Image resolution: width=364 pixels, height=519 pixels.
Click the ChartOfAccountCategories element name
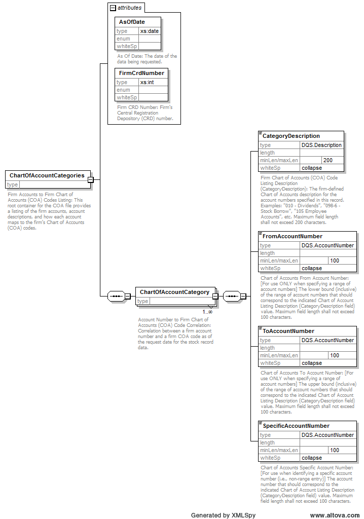[47, 175]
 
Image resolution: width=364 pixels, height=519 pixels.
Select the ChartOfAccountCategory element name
[174, 292]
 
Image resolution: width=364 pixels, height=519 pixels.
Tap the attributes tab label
[129, 8]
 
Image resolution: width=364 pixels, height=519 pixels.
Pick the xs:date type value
[150, 31]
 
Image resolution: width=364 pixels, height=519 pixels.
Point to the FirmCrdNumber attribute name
[141, 73]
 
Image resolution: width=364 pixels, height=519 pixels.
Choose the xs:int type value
[148, 82]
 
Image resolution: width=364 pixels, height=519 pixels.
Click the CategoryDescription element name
[291, 136]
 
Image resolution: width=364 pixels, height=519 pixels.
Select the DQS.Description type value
[321, 145]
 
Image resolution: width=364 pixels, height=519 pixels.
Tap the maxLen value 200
[328, 160]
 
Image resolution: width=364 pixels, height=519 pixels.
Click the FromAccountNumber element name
[292, 236]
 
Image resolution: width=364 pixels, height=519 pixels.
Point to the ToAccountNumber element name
[288, 331]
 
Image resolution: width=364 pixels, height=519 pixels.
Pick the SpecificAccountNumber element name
[296, 426]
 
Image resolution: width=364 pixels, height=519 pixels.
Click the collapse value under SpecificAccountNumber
[312, 458]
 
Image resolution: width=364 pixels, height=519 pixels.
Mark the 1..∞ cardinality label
[208, 312]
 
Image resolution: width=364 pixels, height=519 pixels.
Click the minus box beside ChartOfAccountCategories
[90, 179]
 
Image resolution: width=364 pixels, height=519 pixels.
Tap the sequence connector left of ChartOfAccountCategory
[116, 296]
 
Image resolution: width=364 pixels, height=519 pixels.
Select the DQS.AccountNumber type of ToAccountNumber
[327, 340]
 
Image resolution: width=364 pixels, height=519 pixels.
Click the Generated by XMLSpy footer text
[223, 515]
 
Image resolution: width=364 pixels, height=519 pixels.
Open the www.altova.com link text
[335, 515]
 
